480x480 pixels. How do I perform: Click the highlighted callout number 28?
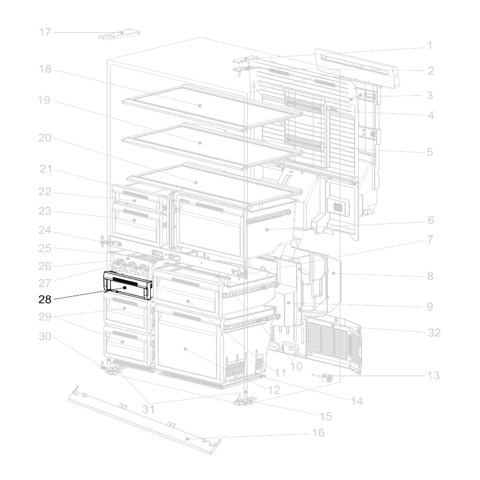45,299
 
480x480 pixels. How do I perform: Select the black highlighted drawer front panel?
128,285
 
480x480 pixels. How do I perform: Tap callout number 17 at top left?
45,32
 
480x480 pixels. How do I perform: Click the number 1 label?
430,46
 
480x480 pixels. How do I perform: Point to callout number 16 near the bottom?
318,432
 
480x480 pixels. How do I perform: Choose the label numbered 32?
434,332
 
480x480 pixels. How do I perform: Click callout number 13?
433,375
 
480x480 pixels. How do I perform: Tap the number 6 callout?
431,220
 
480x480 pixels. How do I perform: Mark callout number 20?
45,138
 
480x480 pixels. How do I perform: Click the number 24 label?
45,230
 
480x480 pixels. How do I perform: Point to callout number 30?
45,336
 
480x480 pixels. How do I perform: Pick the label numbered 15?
326,416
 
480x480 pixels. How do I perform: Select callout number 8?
430,276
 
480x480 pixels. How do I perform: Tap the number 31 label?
148,409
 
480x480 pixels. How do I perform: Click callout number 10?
296,366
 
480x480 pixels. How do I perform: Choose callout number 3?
430,96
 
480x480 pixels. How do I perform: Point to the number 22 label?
45,192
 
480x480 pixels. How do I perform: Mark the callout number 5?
430,152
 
